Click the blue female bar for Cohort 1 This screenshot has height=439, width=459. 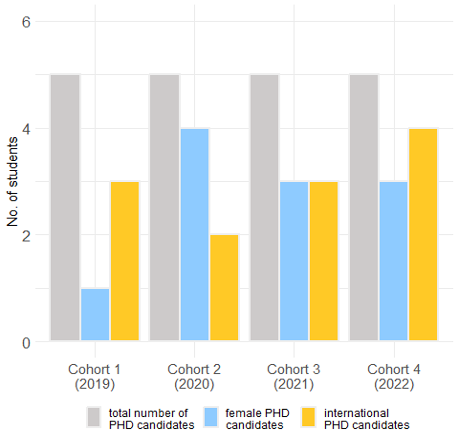[95, 315]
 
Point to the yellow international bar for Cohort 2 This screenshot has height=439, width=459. [224, 288]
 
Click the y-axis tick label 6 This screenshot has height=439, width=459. [26, 22]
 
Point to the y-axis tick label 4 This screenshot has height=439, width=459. [26, 129]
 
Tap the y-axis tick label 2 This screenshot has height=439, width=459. [26, 235]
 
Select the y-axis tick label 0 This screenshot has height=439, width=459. [26, 342]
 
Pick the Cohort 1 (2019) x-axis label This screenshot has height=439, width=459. [95, 377]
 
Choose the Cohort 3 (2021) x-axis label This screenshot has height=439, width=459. [294, 377]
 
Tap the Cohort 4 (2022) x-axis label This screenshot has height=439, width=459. [394, 377]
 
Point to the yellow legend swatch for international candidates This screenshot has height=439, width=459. [310, 418]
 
